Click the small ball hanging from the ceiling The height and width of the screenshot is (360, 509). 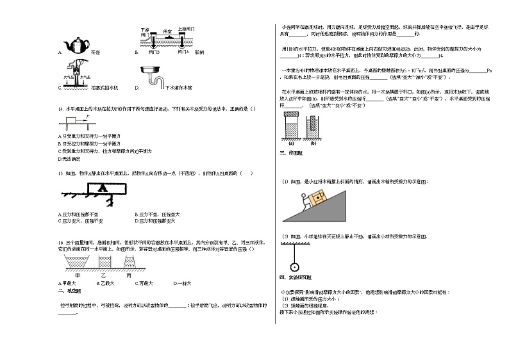295,267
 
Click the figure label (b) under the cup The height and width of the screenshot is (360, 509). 313,142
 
